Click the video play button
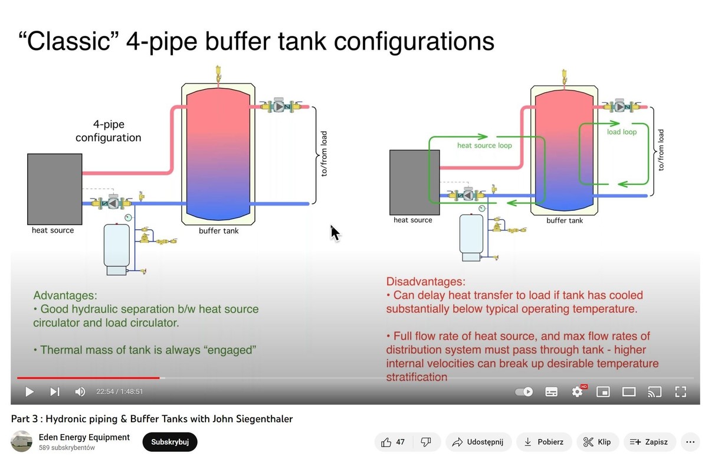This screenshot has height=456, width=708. tap(29, 391)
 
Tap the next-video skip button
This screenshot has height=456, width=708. tap(55, 391)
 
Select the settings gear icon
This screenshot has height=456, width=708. tap(577, 391)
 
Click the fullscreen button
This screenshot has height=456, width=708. tap(680, 391)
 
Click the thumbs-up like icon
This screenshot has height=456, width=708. tap(386, 442)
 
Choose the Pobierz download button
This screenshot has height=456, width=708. tap(544, 442)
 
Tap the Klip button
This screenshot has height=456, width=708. tap(597, 442)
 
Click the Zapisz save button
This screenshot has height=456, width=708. tap(649, 442)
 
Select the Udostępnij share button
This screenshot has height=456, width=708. tap(478, 442)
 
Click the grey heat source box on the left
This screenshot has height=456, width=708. tap(54, 188)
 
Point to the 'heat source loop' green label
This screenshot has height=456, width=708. tap(484, 145)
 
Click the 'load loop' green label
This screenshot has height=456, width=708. tap(622, 132)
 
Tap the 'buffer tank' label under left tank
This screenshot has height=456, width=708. tap(219, 230)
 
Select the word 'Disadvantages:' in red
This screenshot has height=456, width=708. tap(425, 281)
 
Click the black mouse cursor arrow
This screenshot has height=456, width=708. tap(335, 233)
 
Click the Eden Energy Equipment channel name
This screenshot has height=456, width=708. tap(84, 437)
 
